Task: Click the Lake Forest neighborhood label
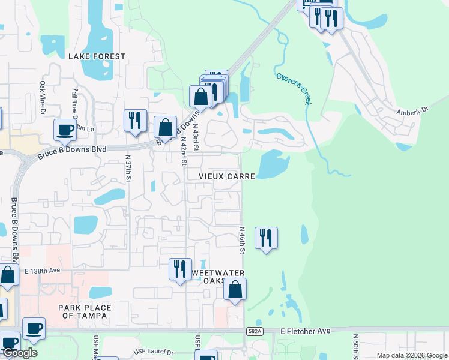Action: click(x=97, y=56)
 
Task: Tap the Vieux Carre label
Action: click(x=228, y=176)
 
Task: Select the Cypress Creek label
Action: click(x=294, y=89)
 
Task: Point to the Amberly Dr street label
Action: click(x=414, y=110)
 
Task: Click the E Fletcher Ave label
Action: click(x=306, y=331)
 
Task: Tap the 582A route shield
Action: click(x=255, y=331)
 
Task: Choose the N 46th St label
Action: click(x=243, y=240)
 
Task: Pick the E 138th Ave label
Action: click(x=43, y=271)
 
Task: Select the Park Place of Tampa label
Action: click(x=85, y=311)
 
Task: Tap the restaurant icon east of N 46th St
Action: click(x=266, y=238)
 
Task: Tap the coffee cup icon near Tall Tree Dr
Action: click(x=65, y=129)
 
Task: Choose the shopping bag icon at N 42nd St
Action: click(x=165, y=127)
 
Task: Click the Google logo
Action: click(x=20, y=353)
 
